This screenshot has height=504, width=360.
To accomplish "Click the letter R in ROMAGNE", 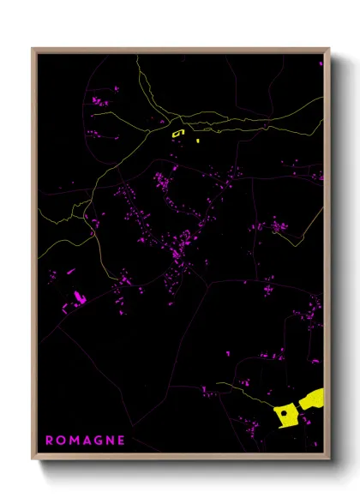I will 49,440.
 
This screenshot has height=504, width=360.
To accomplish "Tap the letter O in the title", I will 61,440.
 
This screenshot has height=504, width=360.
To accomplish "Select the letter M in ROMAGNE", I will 74,440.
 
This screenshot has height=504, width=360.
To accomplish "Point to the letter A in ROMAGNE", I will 87,440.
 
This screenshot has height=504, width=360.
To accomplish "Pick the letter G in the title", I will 99,440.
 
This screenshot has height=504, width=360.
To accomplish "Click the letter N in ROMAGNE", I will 111,440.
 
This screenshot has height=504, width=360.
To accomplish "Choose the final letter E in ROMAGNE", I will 123,440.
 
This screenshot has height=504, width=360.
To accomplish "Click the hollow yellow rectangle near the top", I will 178,133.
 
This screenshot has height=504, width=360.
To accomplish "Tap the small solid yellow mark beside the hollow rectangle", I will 198,140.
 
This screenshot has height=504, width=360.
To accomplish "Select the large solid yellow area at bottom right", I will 286,416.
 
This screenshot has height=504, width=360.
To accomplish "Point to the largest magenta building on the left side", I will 79,297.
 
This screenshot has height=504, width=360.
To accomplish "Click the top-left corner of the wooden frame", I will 33,49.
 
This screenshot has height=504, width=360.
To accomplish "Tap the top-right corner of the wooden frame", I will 329,49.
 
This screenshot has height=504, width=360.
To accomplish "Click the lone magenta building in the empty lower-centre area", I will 228,352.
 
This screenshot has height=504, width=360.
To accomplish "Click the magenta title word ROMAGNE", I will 86,440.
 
